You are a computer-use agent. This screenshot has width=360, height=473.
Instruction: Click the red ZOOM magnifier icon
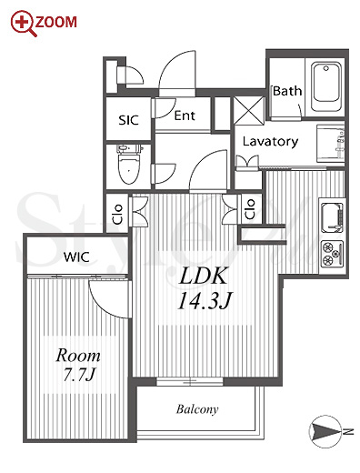tap(24, 24)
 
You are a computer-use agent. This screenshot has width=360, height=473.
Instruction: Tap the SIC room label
tap(128, 120)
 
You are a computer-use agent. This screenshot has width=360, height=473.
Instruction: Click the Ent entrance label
tap(185, 116)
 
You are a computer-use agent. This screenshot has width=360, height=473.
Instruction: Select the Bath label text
tap(287, 91)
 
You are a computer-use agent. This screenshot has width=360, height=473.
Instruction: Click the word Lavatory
tap(270, 142)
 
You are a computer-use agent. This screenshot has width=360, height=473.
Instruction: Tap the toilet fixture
tap(129, 164)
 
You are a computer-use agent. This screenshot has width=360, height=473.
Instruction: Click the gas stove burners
tap(332, 253)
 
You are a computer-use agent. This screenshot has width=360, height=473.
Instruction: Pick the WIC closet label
tap(76, 257)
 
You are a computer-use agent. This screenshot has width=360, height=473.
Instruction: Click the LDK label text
tap(203, 276)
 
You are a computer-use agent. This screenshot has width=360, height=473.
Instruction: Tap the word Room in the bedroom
tap(78, 356)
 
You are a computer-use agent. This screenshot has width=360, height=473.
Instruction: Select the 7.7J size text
tap(79, 375)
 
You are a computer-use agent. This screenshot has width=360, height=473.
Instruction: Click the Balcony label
tap(197, 409)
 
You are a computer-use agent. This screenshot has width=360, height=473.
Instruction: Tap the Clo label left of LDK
tap(117, 214)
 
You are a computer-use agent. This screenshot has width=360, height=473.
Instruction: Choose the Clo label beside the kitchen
tap(250, 209)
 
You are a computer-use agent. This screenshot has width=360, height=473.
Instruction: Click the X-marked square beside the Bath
tap(249, 110)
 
